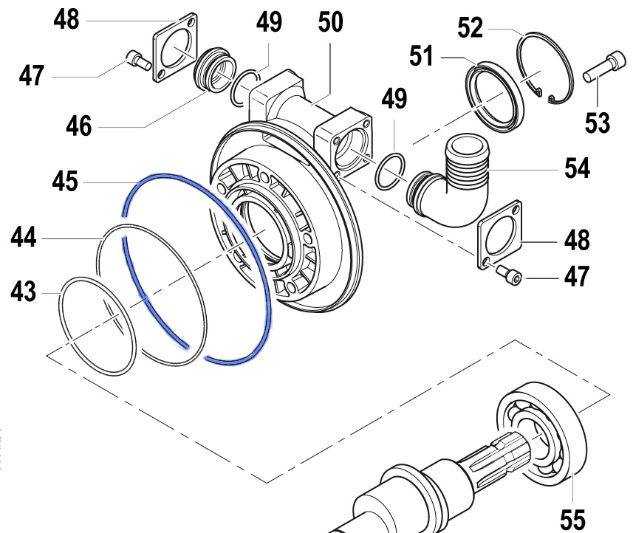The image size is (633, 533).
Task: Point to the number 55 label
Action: [574, 519]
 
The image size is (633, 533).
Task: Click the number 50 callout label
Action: [330, 22]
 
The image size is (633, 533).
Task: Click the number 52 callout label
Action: [471, 29]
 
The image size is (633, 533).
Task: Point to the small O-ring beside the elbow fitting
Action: [390, 173]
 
